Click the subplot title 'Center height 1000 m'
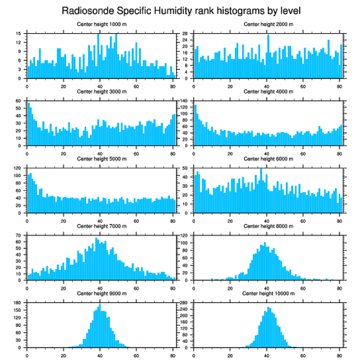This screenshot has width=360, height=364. [101, 24]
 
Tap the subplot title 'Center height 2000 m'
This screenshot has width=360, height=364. [268, 24]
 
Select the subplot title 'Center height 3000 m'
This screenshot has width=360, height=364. [101, 91]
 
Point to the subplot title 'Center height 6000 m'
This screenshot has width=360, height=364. [268, 159]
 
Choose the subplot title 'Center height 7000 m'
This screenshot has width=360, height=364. [101, 226]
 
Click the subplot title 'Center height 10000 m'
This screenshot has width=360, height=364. [268, 293]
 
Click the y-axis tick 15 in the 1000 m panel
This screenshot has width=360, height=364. [19, 34]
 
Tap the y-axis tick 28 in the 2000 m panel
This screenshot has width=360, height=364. [185, 34]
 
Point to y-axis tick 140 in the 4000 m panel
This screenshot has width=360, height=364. [184, 101]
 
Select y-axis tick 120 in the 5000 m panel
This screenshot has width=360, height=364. [18, 169]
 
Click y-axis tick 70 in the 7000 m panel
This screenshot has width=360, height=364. [19, 236]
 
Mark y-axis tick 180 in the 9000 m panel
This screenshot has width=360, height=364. [18, 303]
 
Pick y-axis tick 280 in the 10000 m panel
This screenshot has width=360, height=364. [184, 303]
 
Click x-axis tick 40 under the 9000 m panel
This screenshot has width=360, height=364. [100, 354]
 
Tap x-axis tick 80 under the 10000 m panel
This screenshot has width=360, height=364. [339, 354]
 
